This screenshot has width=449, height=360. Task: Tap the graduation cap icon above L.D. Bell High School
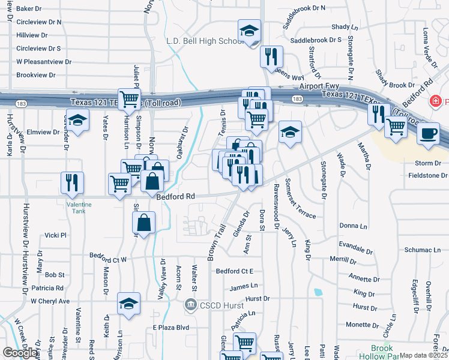(x=249, y=31)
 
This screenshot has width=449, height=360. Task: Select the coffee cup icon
(x=428, y=133)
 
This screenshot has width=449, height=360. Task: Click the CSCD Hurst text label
(x=223, y=305)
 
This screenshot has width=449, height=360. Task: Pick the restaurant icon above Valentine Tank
(x=72, y=182)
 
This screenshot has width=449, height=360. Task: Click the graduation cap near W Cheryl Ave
(x=128, y=303)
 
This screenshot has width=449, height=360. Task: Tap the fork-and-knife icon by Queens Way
(x=271, y=56)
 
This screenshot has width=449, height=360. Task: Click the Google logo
(x=20, y=353)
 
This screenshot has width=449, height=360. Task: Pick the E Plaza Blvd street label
(x=171, y=328)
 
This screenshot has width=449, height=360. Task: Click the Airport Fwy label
(x=319, y=86)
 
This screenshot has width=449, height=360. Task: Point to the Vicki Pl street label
(x=55, y=236)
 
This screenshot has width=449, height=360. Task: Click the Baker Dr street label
(x=29, y=9)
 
